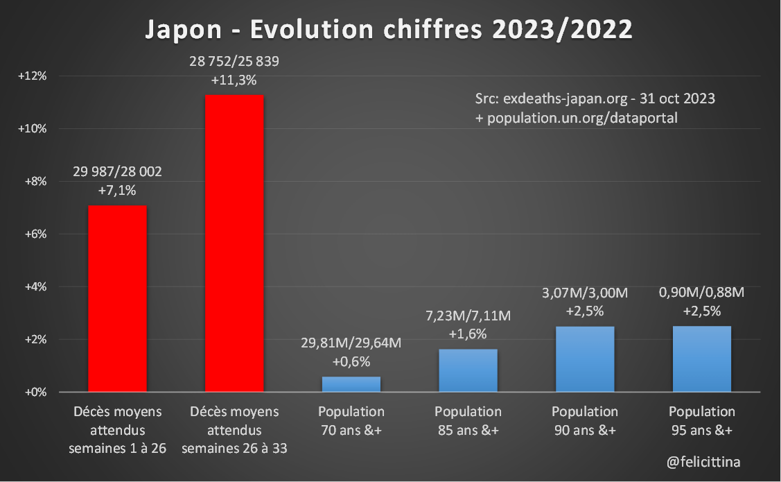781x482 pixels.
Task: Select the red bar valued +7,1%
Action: point(117,298)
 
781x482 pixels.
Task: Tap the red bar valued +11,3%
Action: point(234,243)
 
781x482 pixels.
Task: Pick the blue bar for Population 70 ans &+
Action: point(351,384)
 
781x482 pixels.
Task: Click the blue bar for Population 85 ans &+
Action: point(468,370)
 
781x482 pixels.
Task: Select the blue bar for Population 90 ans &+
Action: point(585,359)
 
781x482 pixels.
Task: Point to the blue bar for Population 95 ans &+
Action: point(702,359)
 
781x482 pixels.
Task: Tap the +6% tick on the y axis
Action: point(34,234)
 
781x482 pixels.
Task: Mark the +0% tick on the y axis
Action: point(34,393)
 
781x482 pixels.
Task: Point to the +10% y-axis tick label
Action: point(32,129)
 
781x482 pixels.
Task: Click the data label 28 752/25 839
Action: point(234,62)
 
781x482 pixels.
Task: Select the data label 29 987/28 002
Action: point(117,172)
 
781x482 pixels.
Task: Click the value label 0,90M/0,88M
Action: point(702,293)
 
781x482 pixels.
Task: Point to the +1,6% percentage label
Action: point(468,334)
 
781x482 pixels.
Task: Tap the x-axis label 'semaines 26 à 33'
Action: point(234,448)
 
